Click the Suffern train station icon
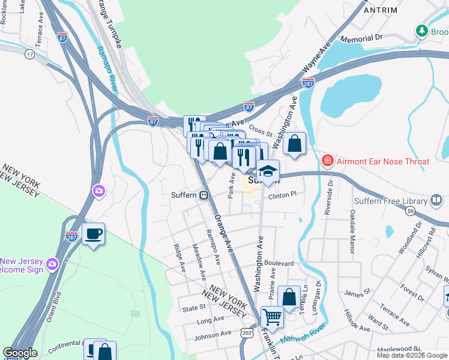[204, 195]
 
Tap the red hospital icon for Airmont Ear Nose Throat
[328, 161]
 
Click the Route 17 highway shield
[29, 55]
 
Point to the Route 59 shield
[410, 211]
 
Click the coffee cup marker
[93, 234]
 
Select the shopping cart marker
[272, 316]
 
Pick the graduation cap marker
[268, 170]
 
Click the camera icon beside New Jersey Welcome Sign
[52, 263]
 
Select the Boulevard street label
[279, 263]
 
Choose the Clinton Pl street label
[282, 195]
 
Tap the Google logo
[20, 353]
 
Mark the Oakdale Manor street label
[352, 223]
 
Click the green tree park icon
[422, 30]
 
